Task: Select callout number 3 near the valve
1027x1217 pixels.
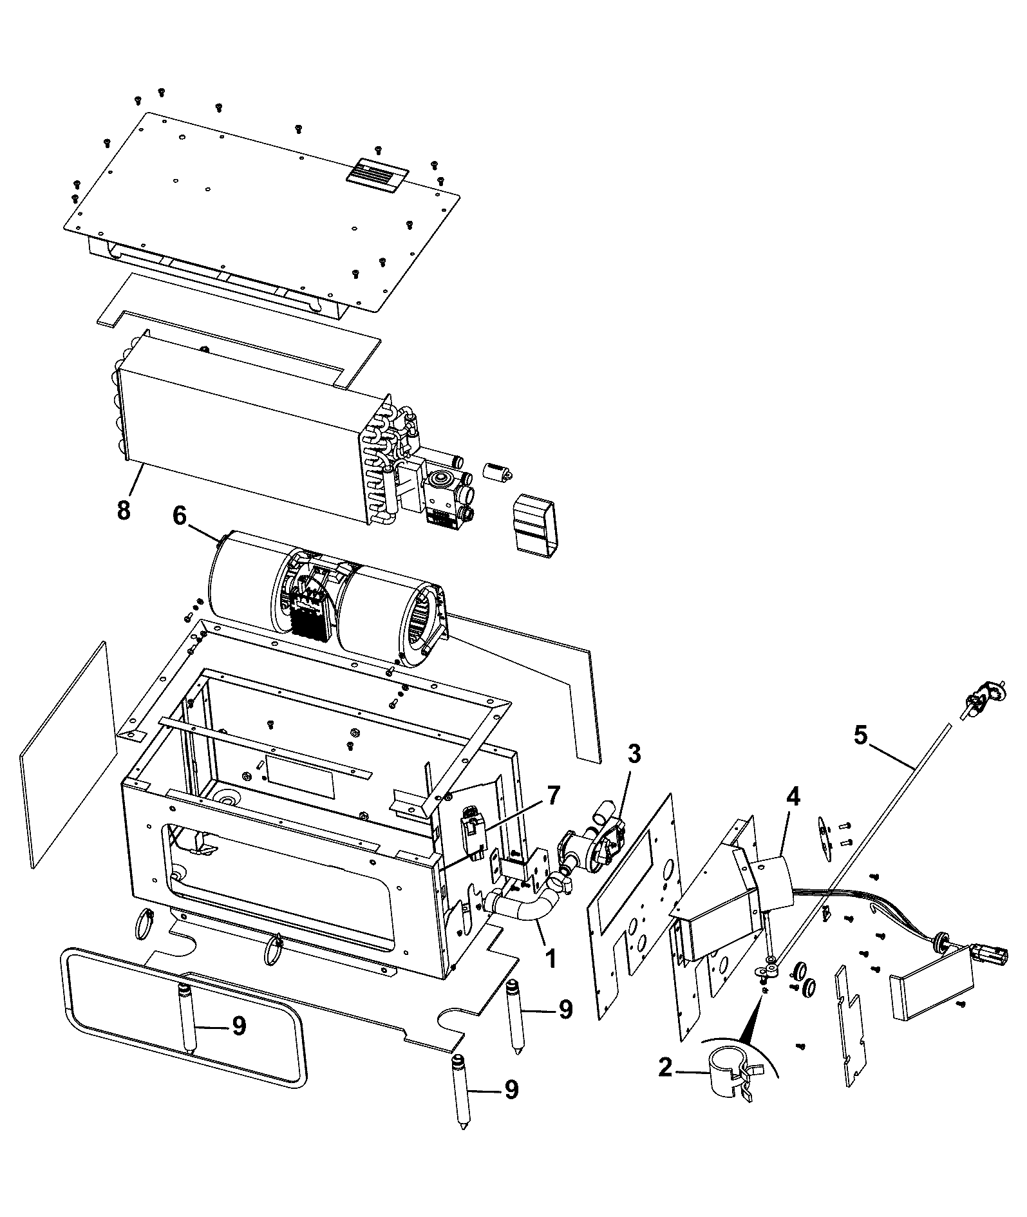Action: click(x=634, y=754)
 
